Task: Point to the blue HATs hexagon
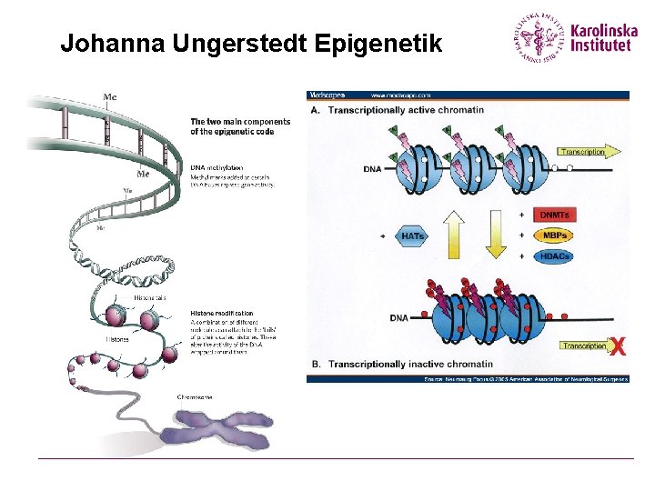click(412, 235)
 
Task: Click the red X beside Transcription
click(617, 346)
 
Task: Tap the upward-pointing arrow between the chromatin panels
click(455, 235)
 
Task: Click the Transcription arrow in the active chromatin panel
click(582, 152)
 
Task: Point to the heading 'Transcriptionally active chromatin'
click(406, 109)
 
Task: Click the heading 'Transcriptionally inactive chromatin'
click(410, 364)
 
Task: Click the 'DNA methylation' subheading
click(217, 167)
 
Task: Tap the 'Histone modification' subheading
click(222, 314)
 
